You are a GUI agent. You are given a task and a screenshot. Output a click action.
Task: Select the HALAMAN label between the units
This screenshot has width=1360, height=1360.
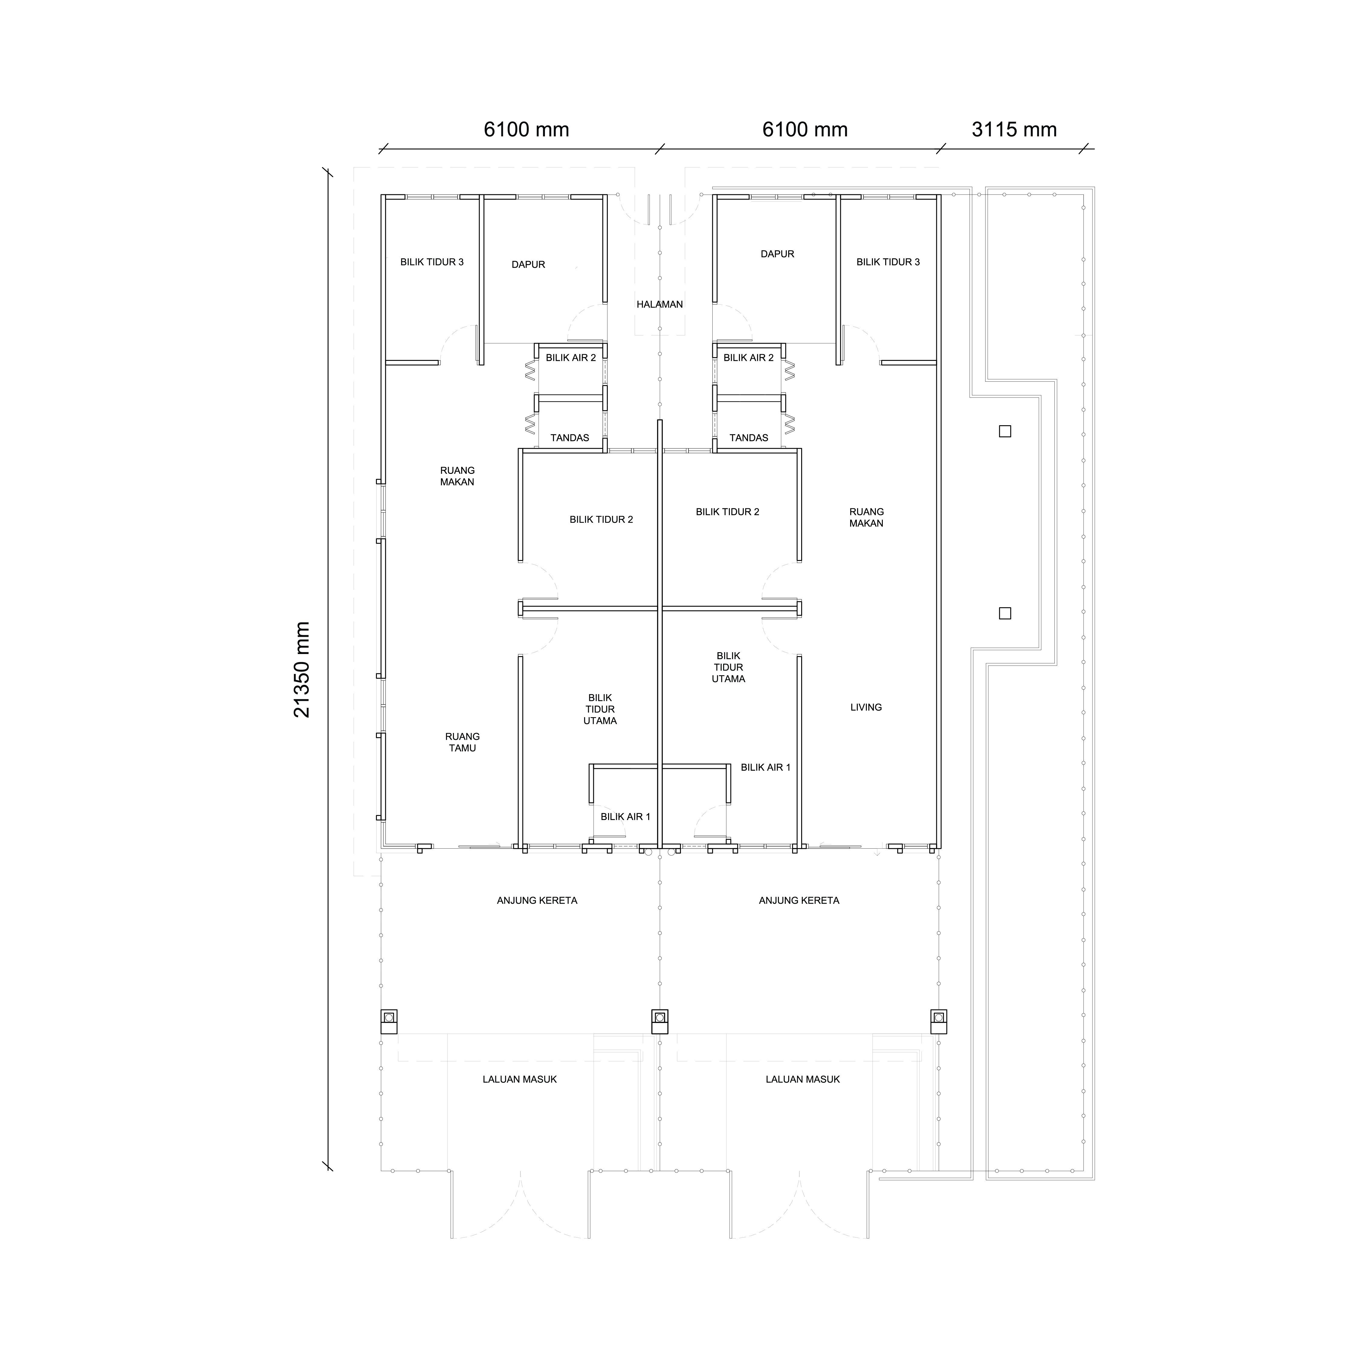[x=659, y=304]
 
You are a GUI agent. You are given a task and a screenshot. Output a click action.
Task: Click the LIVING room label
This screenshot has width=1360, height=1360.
[x=866, y=707]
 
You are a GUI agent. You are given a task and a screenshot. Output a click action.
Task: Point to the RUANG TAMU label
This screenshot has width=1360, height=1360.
[x=462, y=742]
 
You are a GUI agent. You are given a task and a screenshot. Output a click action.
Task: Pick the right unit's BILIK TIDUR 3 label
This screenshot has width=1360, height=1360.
[x=888, y=262]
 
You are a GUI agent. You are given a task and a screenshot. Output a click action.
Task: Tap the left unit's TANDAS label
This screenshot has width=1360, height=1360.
[x=569, y=437]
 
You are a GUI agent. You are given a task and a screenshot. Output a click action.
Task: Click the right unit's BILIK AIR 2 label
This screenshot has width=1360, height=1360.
[x=748, y=358]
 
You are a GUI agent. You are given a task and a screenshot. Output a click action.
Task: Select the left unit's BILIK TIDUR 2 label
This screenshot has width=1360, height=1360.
[x=601, y=520]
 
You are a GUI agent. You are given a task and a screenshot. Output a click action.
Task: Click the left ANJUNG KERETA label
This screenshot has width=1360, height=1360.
[x=537, y=900]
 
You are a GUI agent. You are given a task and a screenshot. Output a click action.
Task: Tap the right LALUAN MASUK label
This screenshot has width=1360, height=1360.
[x=802, y=1079]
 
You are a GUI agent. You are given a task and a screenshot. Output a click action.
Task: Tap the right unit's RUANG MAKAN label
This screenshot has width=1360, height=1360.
[x=866, y=517]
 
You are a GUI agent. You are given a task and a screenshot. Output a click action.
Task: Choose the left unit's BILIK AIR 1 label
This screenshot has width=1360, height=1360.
[x=625, y=817]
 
